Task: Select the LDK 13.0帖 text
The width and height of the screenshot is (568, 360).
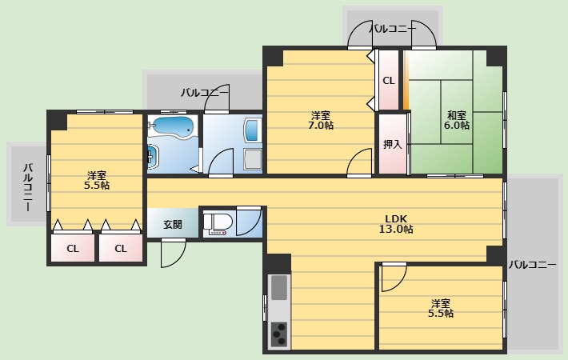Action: tap(398, 224)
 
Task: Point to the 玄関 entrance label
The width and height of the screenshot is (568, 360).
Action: tap(172, 224)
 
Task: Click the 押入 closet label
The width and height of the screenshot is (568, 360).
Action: tap(392, 145)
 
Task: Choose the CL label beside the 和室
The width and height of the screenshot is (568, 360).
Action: tap(388, 81)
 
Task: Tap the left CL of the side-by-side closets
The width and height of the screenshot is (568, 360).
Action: tap(73, 248)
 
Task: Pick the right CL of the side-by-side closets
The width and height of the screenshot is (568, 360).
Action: tap(121, 248)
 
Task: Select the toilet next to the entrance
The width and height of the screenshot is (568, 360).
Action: tap(218, 222)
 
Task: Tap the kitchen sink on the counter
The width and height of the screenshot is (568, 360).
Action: tap(279, 287)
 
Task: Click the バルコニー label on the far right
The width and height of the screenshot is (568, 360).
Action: tap(533, 264)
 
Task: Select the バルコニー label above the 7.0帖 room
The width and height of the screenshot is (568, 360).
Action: tap(392, 29)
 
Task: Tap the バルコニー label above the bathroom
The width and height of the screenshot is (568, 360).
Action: tap(205, 92)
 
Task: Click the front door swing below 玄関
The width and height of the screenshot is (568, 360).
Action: tap(171, 254)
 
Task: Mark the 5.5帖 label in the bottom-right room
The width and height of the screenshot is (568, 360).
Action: tap(440, 309)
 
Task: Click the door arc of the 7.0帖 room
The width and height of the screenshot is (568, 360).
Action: tap(357, 163)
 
